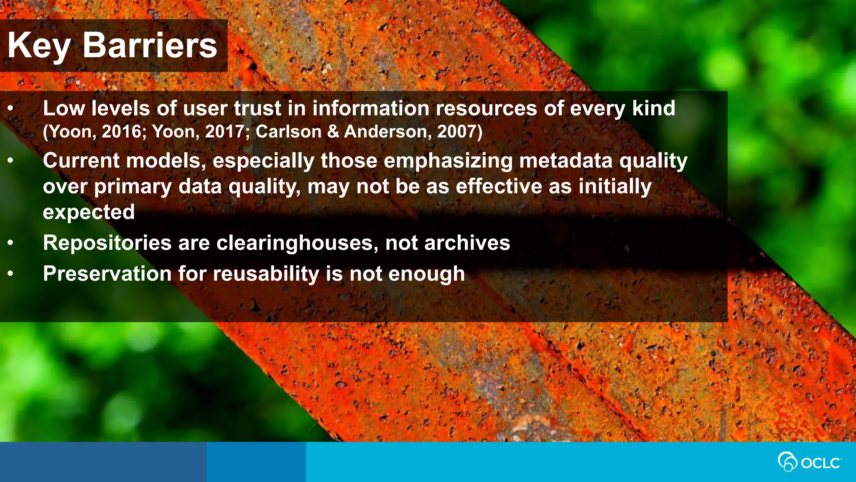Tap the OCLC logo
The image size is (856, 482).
(x=809, y=462)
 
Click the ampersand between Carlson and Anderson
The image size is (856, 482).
(x=333, y=132)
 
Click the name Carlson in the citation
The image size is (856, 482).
(x=288, y=132)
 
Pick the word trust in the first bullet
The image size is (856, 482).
(x=257, y=108)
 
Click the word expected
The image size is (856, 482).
(x=89, y=213)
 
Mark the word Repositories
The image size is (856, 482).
(x=107, y=243)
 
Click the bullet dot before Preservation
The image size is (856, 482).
(x=10, y=274)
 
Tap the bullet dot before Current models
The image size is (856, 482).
(x=10, y=161)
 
